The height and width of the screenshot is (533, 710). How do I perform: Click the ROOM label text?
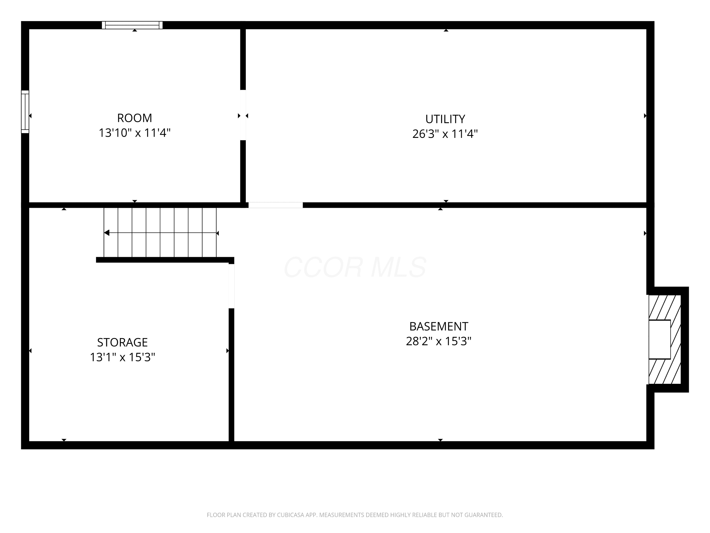(134, 118)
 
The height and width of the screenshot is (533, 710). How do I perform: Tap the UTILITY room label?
(445, 119)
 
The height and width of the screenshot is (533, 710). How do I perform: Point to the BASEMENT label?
(439, 326)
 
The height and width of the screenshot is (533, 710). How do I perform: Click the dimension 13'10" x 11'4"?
(134, 133)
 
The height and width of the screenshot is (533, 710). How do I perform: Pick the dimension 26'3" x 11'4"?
(445, 134)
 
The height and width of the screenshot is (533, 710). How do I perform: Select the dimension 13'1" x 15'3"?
(122, 357)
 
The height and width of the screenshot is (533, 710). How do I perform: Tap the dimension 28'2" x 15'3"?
(439, 341)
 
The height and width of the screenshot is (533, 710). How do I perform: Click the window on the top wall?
(132, 25)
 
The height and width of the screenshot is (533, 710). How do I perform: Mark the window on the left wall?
(25, 112)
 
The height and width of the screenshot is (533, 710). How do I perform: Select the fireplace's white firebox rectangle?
(660, 339)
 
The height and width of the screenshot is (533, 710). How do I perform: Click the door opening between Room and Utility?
(243, 115)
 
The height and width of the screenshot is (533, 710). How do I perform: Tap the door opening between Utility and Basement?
(275, 205)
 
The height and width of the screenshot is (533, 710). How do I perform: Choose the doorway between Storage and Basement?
(231, 286)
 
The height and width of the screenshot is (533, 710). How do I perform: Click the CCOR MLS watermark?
(355, 267)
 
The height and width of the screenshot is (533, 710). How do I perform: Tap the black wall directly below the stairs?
(165, 260)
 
